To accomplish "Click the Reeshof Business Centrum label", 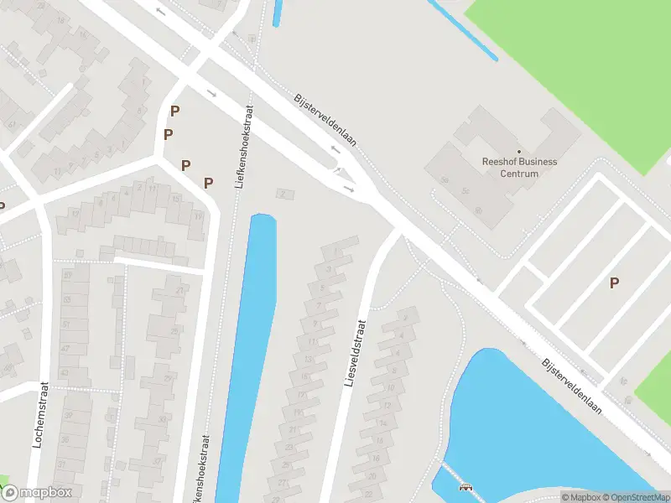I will coord(519,168).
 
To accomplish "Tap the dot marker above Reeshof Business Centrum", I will coord(519,151).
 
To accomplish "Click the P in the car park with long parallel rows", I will coord(614,283).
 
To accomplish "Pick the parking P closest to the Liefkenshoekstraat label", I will coord(208,182).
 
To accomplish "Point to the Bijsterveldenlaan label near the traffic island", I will coord(325,120).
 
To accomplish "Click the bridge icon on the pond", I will coord(466,486).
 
